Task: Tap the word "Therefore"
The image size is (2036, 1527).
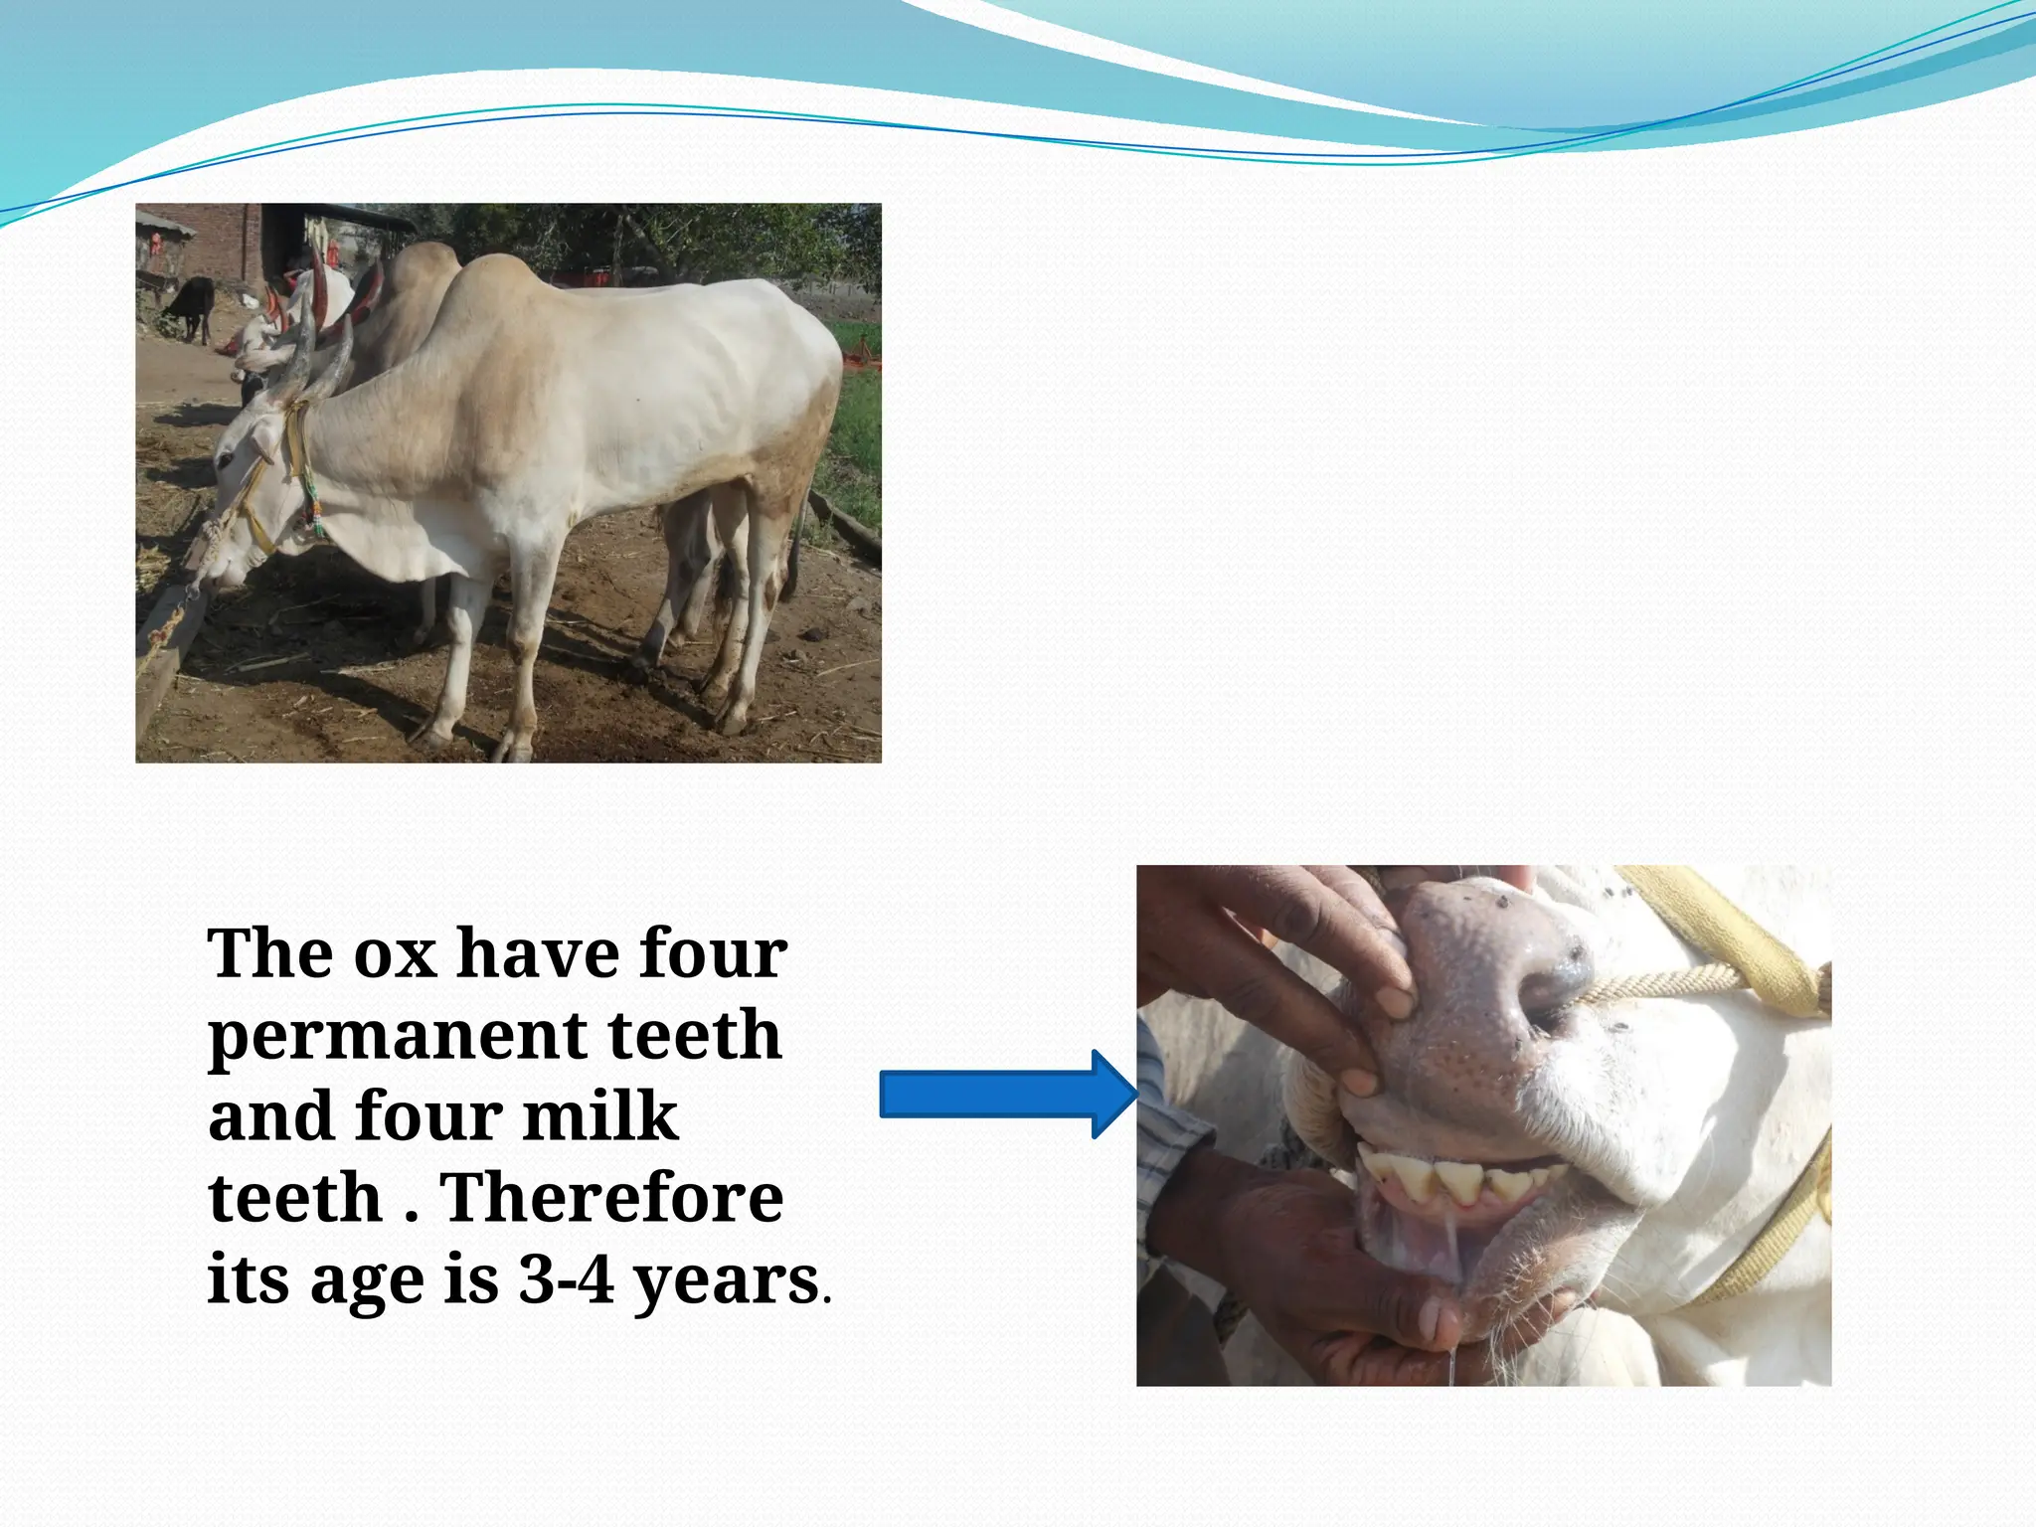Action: pos(611,1198)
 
